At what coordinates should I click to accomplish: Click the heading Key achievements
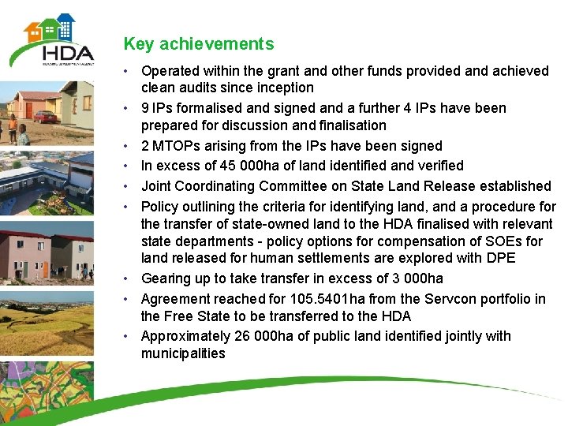[199, 44]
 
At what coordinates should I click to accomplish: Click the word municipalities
[183, 353]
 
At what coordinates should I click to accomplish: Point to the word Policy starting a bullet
[160, 207]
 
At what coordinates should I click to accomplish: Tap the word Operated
[170, 71]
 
